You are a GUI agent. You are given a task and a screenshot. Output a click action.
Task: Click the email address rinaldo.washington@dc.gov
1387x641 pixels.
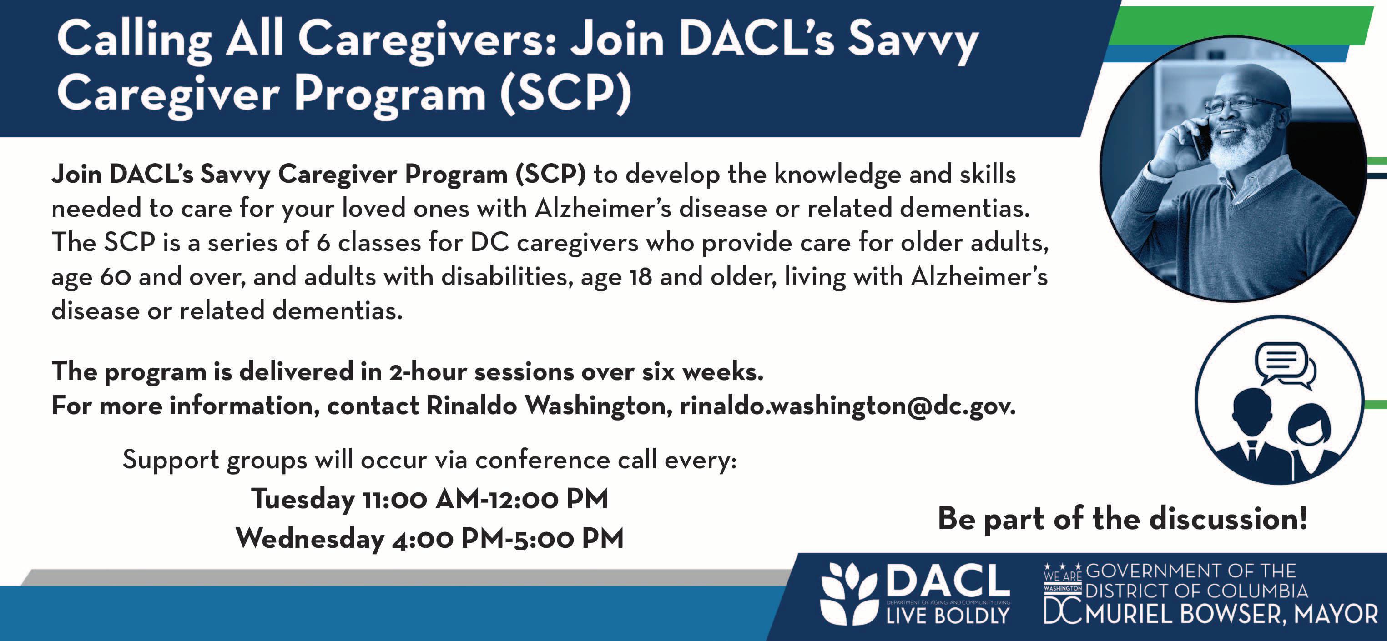coord(847,406)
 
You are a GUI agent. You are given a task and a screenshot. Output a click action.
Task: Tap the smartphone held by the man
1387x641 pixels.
coord(1201,141)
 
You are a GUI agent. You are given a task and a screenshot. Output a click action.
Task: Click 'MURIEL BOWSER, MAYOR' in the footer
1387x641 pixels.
coord(1231,614)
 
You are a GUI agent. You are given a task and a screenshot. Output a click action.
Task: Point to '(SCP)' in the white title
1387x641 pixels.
coord(565,94)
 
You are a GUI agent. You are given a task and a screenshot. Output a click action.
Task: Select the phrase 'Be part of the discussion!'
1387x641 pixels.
coord(1123,519)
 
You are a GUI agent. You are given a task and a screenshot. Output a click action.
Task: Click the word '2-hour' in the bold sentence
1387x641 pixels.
coord(428,372)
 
